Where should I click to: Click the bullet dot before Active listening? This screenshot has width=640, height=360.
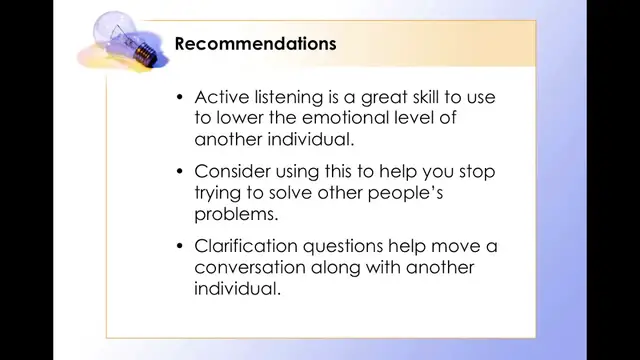[x=180, y=98]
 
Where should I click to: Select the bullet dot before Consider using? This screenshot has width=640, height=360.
[x=180, y=172]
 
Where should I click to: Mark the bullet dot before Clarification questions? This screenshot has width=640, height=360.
[x=180, y=246]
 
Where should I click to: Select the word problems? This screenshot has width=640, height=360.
[x=236, y=215]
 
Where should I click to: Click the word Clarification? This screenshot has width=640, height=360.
[x=246, y=246]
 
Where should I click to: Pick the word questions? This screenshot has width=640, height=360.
[x=345, y=246]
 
